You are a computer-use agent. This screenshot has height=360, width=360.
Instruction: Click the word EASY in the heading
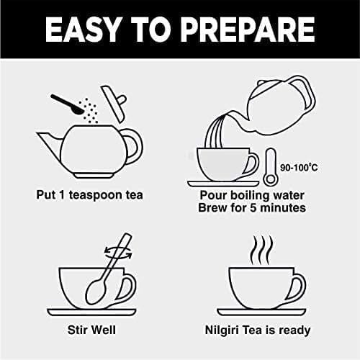82,30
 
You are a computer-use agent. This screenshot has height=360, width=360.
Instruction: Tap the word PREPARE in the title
248,30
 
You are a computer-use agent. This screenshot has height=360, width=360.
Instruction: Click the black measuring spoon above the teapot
66,104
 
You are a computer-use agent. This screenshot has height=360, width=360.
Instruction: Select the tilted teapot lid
113,103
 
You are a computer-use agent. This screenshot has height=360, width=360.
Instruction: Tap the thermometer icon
271,167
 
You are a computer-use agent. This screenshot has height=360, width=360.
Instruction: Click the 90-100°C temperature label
299,167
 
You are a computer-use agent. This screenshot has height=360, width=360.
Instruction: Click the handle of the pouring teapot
308,96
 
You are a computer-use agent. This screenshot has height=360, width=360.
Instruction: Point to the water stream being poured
215,131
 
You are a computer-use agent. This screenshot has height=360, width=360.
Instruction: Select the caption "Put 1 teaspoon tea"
89,194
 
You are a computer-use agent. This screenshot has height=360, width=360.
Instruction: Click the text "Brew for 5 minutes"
252,208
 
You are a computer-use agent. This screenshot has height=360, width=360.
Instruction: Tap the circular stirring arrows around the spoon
118,253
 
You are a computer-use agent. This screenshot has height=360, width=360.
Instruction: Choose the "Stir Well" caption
91,330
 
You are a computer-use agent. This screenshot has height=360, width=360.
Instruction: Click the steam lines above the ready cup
261,250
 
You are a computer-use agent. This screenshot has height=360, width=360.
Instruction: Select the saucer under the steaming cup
261,312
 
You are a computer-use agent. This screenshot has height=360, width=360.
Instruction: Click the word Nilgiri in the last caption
222,330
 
